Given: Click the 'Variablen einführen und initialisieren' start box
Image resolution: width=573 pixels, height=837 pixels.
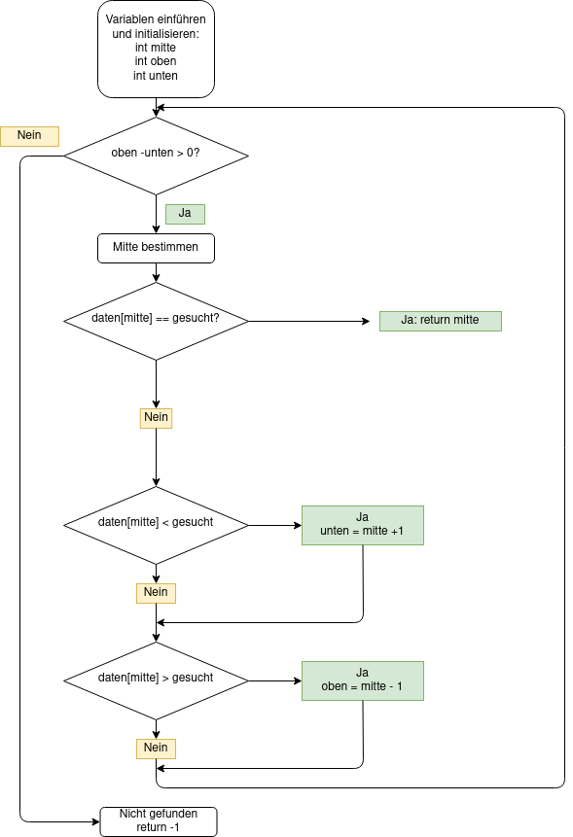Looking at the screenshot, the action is point(156,50).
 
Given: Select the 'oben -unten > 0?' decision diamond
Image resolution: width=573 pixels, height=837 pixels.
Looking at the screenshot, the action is point(156,156).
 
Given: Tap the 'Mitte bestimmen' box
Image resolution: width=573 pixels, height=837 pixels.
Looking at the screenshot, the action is point(156,248).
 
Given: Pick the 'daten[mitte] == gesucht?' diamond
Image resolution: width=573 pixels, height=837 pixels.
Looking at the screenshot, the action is point(156,322).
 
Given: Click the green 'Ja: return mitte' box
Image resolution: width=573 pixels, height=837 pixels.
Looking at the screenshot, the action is point(441,321).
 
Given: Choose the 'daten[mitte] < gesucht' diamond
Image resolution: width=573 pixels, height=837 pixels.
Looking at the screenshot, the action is point(156,525).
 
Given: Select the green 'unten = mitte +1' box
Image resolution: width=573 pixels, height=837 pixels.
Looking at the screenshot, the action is point(363,525).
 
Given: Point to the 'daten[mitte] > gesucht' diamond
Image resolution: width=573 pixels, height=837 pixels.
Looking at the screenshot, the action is point(156,680).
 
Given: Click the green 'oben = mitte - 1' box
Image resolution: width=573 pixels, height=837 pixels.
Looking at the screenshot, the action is point(363,680).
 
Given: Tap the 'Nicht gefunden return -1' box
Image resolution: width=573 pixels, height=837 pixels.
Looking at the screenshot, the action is point(159,821).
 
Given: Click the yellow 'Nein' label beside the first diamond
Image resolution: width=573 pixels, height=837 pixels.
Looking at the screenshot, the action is point(29,136).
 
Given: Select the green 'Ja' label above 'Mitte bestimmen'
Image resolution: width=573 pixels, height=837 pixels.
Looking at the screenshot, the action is point(185,214).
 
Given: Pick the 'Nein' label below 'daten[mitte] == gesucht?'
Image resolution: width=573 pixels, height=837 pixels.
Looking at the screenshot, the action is point(156,418).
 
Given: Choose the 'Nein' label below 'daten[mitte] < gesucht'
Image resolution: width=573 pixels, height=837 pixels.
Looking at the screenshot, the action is point(156,593).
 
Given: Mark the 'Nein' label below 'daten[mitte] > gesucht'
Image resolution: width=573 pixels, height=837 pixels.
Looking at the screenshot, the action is point(156,749).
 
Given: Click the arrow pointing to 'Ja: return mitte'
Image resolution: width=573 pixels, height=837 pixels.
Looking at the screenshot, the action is point(309,322).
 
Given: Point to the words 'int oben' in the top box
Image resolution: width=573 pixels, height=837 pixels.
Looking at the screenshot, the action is point(156,61).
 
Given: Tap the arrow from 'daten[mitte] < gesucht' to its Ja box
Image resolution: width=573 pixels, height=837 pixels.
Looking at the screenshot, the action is point(275,525).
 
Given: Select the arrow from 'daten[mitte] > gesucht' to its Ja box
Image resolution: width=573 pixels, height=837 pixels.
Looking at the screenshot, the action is point(275,680).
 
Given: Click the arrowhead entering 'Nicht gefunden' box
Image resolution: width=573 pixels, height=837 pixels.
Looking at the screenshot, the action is point(96,821).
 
